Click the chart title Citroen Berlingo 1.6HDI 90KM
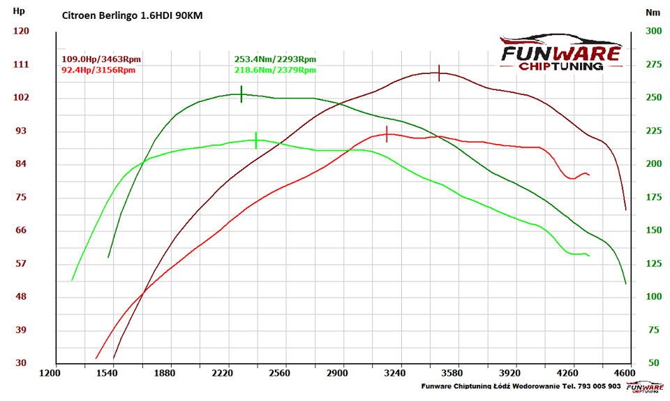(x=133, y=16)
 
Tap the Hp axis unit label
(x=19, y=11)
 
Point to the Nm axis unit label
(x=653, y=13)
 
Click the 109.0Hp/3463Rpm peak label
(x=101, y=59)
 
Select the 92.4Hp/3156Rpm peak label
(x=98, y=70)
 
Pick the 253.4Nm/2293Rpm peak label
(x=275, y=59)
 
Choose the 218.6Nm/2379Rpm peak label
(x=275, y=70)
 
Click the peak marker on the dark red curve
(x=439, y=73)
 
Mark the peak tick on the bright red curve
(x=387, y=134)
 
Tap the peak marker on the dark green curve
(x=241, y=94)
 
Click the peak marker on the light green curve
(x=256, y=140)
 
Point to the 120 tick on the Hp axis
(x=22, y=31)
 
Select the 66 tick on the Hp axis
(x=22, y=230)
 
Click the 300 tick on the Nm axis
(x=654, y=31)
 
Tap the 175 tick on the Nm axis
(x=654, y=197)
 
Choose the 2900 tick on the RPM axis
(x=338, y=373)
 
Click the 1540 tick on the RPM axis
(x=107, y=373)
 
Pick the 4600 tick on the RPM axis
(x=625, y=373)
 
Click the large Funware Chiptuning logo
(x=560, y=52)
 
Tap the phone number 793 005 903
(x=599, y=386)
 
